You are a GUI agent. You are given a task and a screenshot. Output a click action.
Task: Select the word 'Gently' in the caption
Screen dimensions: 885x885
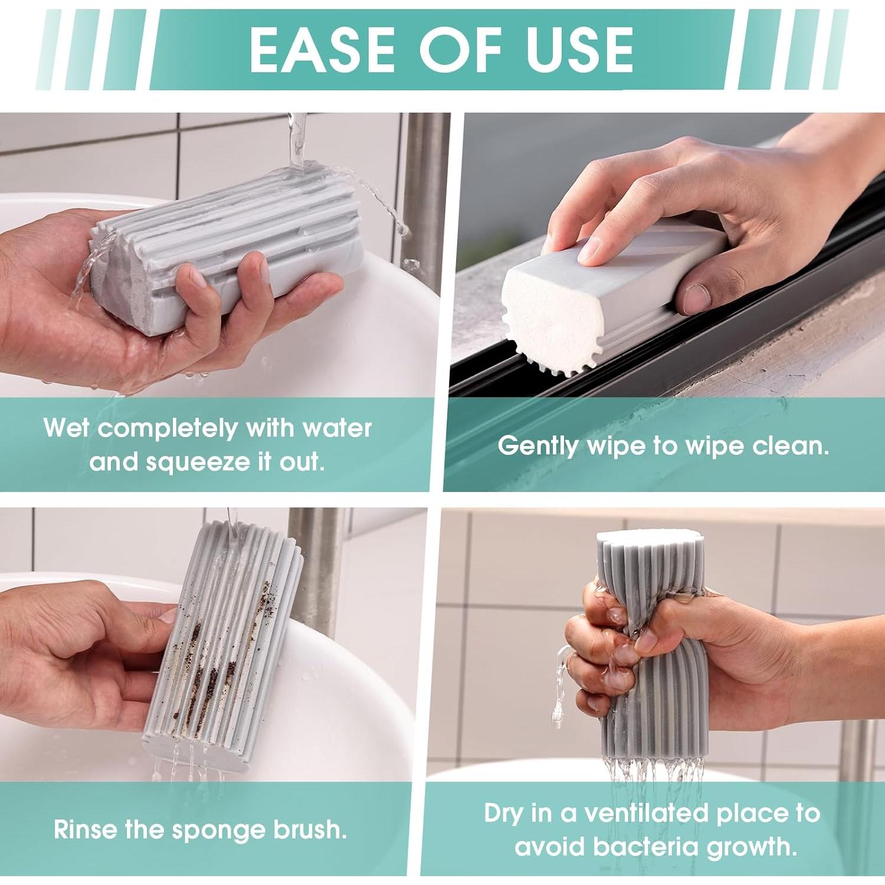point(537,445)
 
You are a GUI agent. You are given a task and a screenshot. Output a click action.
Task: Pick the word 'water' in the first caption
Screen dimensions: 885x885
point(337,427)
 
